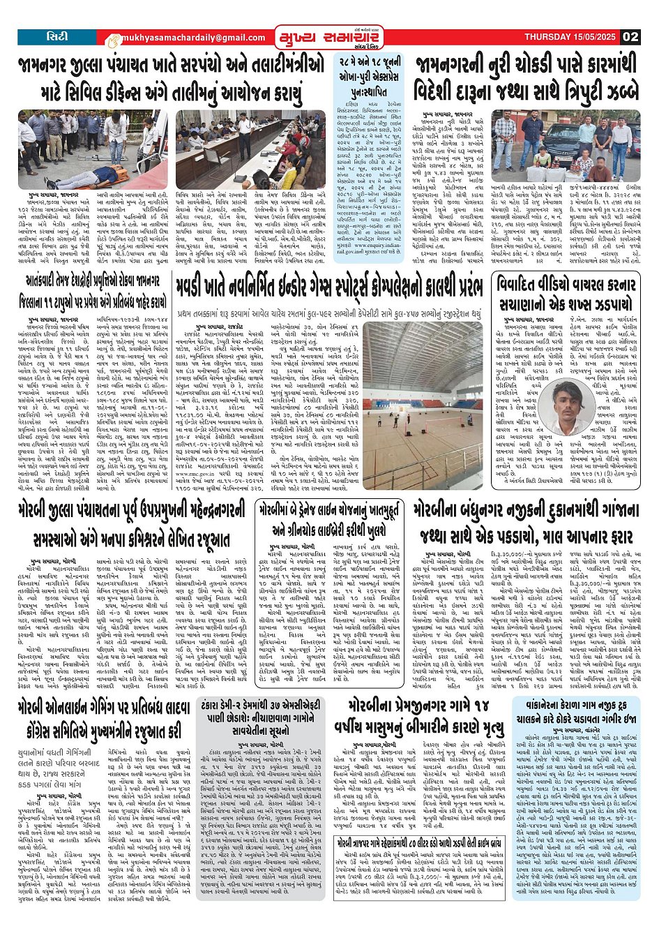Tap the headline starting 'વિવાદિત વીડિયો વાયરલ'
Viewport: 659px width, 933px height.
[x=566, y=294]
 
